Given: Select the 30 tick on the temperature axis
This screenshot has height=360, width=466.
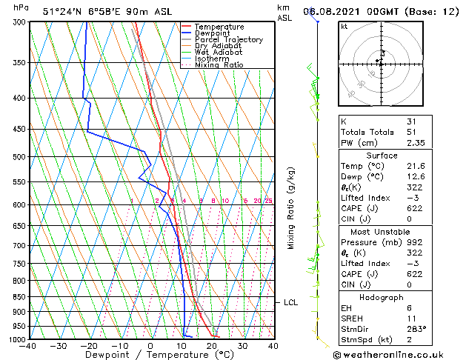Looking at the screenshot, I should [242, 346].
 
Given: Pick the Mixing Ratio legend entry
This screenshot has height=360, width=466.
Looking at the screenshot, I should [219, 65].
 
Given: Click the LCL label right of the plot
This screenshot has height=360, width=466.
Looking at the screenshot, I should [290, 302].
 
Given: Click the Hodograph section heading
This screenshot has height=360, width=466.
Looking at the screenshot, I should [382, 297].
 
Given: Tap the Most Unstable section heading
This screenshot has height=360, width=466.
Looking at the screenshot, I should [382, 231].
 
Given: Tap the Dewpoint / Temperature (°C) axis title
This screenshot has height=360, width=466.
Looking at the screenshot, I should [150, 356].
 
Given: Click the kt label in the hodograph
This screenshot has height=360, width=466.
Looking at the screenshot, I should [344, 27].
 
